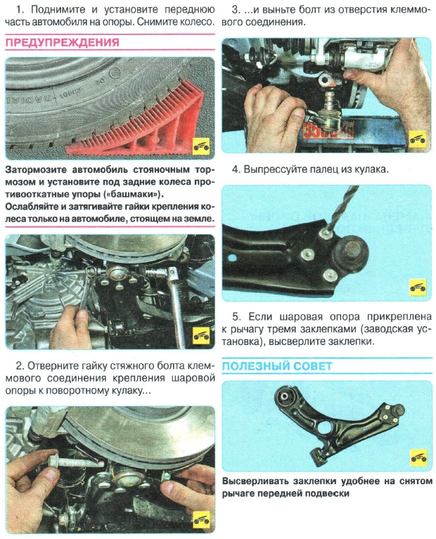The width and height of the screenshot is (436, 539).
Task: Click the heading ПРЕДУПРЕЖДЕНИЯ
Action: tap(63, 43)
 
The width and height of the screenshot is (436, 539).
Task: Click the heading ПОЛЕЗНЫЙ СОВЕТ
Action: tap(277, 367)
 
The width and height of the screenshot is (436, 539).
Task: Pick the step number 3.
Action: tap(236, 10)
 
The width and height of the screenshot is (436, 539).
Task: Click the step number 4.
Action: tap(236, 169)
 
